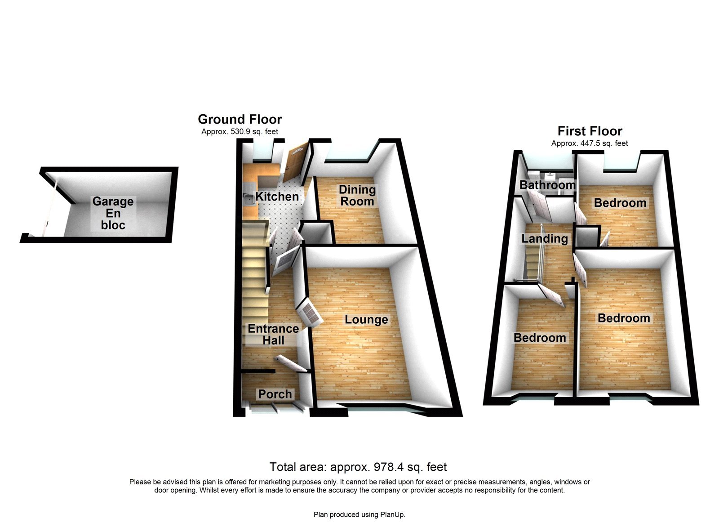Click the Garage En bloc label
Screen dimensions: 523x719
[113, 213]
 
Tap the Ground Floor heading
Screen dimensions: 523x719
[240, 119]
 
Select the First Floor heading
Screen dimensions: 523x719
[590, 131]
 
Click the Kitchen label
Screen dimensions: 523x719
[277, 197]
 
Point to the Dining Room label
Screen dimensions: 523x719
[357, 196]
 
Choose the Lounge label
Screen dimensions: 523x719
[366, 320]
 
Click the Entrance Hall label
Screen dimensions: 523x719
[273, 335]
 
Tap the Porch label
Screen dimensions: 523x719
[275, 394]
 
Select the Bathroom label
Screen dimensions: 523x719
[547, 185]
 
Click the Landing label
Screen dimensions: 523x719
[544, 238]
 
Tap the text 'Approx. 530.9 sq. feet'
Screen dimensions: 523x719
[240, 132]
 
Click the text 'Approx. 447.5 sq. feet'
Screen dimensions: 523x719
[590, 143]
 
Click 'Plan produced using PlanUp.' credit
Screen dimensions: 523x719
[359, 514]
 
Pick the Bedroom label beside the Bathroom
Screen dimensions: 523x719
[620, 203]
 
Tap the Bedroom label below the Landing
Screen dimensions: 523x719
[539, 338]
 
